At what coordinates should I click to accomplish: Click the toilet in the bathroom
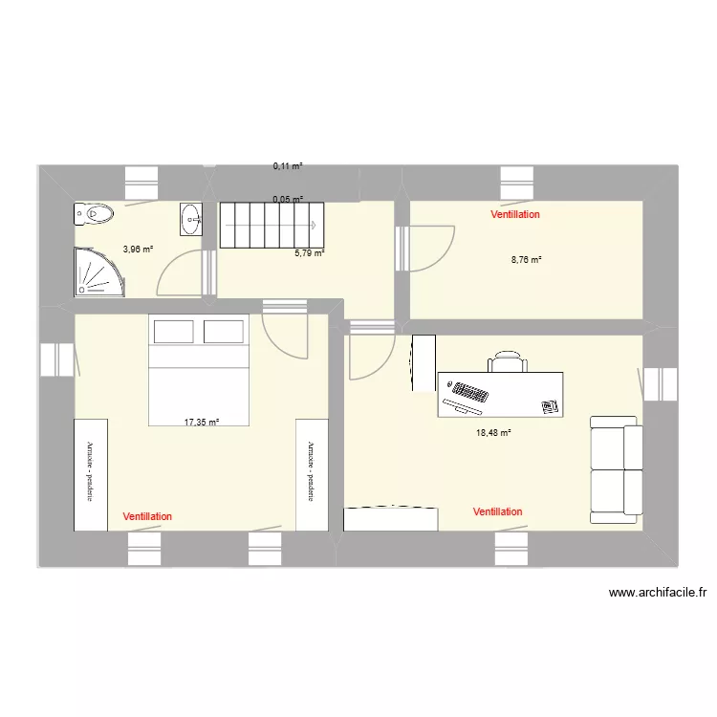click(x=92, y=215)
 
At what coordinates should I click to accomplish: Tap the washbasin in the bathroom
click(x=190, y=219)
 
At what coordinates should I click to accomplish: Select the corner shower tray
click(x=98, y=272)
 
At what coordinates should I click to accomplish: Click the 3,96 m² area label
click(x=138, y=250)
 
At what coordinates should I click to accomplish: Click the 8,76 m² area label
click(x=527, y=259)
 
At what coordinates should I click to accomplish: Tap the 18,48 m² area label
click(x=493, y=432)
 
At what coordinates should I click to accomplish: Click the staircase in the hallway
click(x=268, y=225)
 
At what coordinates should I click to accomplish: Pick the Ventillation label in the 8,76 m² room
click(x=515, y=215)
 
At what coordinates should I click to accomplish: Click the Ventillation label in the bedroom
click(x=148, y=516)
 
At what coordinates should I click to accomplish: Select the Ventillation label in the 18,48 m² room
click(x=497, y=512)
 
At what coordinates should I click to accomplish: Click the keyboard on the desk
click(x=469, y=392)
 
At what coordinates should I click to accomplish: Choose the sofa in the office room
click(x=614, y=469)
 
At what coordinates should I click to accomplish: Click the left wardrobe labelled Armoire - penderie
click(x=91, y=473)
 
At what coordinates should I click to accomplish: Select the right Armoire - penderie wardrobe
click(x=312, y=473)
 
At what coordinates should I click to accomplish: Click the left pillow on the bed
click(x=174, y=332)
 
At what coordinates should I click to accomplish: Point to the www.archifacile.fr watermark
click(x=657, y=594)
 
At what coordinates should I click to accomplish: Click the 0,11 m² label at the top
click(x=288, y=166)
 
